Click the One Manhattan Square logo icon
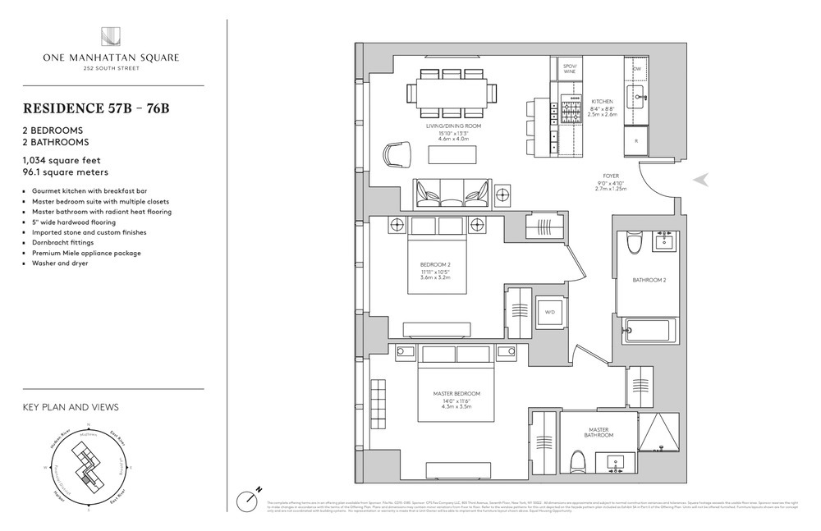110,37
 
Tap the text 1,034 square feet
62,160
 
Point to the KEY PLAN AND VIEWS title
71,407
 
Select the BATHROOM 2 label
648,281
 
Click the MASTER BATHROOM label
599,432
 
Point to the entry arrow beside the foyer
702,179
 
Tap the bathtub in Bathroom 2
649,332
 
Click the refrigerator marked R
637,140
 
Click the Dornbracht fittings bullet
63,242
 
